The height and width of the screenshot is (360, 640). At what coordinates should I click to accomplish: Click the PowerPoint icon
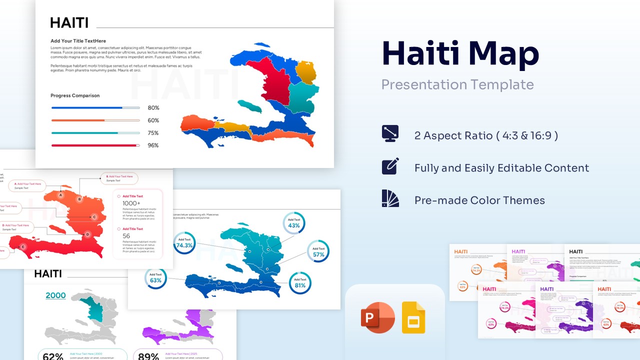378,317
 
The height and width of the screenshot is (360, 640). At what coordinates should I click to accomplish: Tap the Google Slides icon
413,317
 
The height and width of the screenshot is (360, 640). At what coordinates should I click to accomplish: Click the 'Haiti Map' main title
460,53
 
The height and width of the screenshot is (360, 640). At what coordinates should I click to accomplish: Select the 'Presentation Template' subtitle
457,84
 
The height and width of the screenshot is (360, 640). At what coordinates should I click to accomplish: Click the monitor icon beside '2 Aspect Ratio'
390,133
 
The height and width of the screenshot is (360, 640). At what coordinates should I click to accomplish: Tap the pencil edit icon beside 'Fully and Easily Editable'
390,166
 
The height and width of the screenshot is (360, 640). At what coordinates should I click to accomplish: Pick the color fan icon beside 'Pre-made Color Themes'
390,198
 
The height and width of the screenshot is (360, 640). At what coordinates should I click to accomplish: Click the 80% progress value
153,108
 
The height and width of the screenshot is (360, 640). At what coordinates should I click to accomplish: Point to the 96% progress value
153,145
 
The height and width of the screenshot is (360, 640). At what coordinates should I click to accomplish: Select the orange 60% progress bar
95,120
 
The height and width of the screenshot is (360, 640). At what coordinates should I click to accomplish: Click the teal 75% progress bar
95,133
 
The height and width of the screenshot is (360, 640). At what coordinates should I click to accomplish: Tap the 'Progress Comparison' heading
75,95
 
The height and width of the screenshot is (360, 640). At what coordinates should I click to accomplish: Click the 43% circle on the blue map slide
294,223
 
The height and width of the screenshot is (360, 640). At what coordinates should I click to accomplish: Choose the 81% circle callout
300,283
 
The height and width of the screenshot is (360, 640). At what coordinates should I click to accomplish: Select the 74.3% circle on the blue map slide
184,243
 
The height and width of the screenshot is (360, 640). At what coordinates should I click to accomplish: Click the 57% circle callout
318,251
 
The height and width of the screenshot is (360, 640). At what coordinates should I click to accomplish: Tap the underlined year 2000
55,295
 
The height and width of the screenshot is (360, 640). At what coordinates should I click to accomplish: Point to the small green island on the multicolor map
249,106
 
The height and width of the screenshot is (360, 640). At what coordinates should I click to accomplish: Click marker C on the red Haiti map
94,217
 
